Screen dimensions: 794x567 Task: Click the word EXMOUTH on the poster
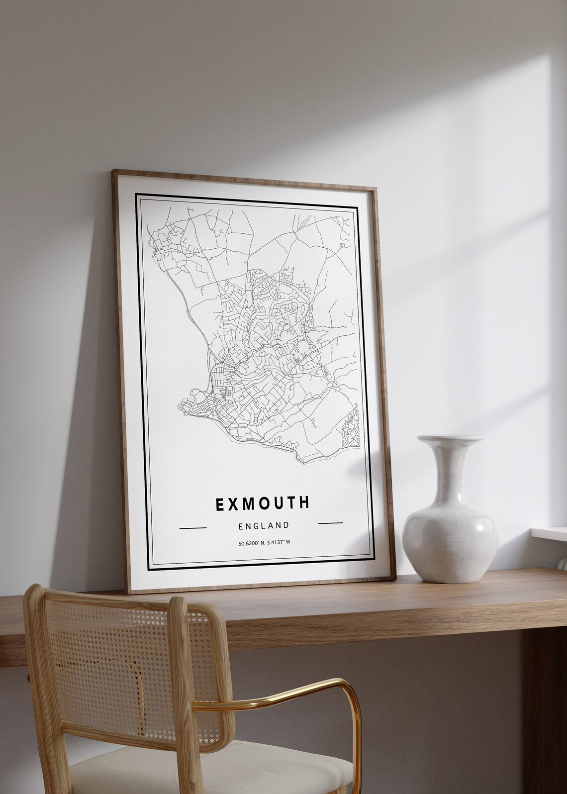(262, 503)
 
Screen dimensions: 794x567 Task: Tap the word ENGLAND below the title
(264, 525)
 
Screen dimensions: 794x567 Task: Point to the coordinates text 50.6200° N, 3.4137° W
(264, 542)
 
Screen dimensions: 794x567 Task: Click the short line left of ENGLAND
(192, 527)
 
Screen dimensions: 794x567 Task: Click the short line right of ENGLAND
(330, 523)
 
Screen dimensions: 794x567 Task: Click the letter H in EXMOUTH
(304, 502)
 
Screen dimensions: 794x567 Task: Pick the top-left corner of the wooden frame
(114, 171)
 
